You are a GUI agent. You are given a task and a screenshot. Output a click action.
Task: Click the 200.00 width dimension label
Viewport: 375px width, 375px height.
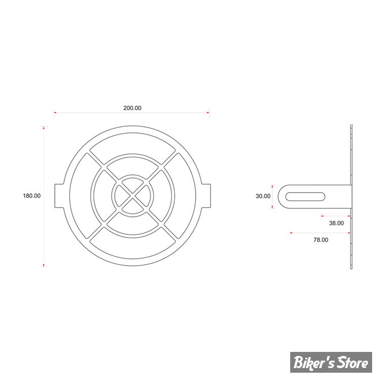pyautogui.click(x=132, y=108)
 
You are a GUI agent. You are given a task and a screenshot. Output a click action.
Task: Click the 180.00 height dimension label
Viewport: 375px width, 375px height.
pyautogui.click(x=32, y=196)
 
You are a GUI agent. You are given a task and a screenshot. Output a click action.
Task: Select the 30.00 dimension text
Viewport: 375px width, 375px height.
pyautogui.click(x=263, y=196)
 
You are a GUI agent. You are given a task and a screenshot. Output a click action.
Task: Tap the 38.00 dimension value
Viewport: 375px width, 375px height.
pyautogui.click(x=336, y=223)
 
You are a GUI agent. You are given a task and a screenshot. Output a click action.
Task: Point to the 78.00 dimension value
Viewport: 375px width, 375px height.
pyautogui.click(x=321, y=239)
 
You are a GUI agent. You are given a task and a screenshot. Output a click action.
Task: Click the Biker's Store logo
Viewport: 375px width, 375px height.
pyautogui.click(x=331, y=362)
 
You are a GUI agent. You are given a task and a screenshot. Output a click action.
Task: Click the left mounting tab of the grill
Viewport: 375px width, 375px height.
pyautogui.click(x=59, y=196)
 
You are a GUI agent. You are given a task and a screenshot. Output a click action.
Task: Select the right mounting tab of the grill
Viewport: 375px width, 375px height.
pyautogui.click(x=206, y=196)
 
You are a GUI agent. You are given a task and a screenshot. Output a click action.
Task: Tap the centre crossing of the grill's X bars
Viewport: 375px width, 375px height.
pyautogui.click(x=133, y=196)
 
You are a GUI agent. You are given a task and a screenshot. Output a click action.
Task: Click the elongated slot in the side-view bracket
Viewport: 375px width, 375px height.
pyautogui.click(x=305, y=197)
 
